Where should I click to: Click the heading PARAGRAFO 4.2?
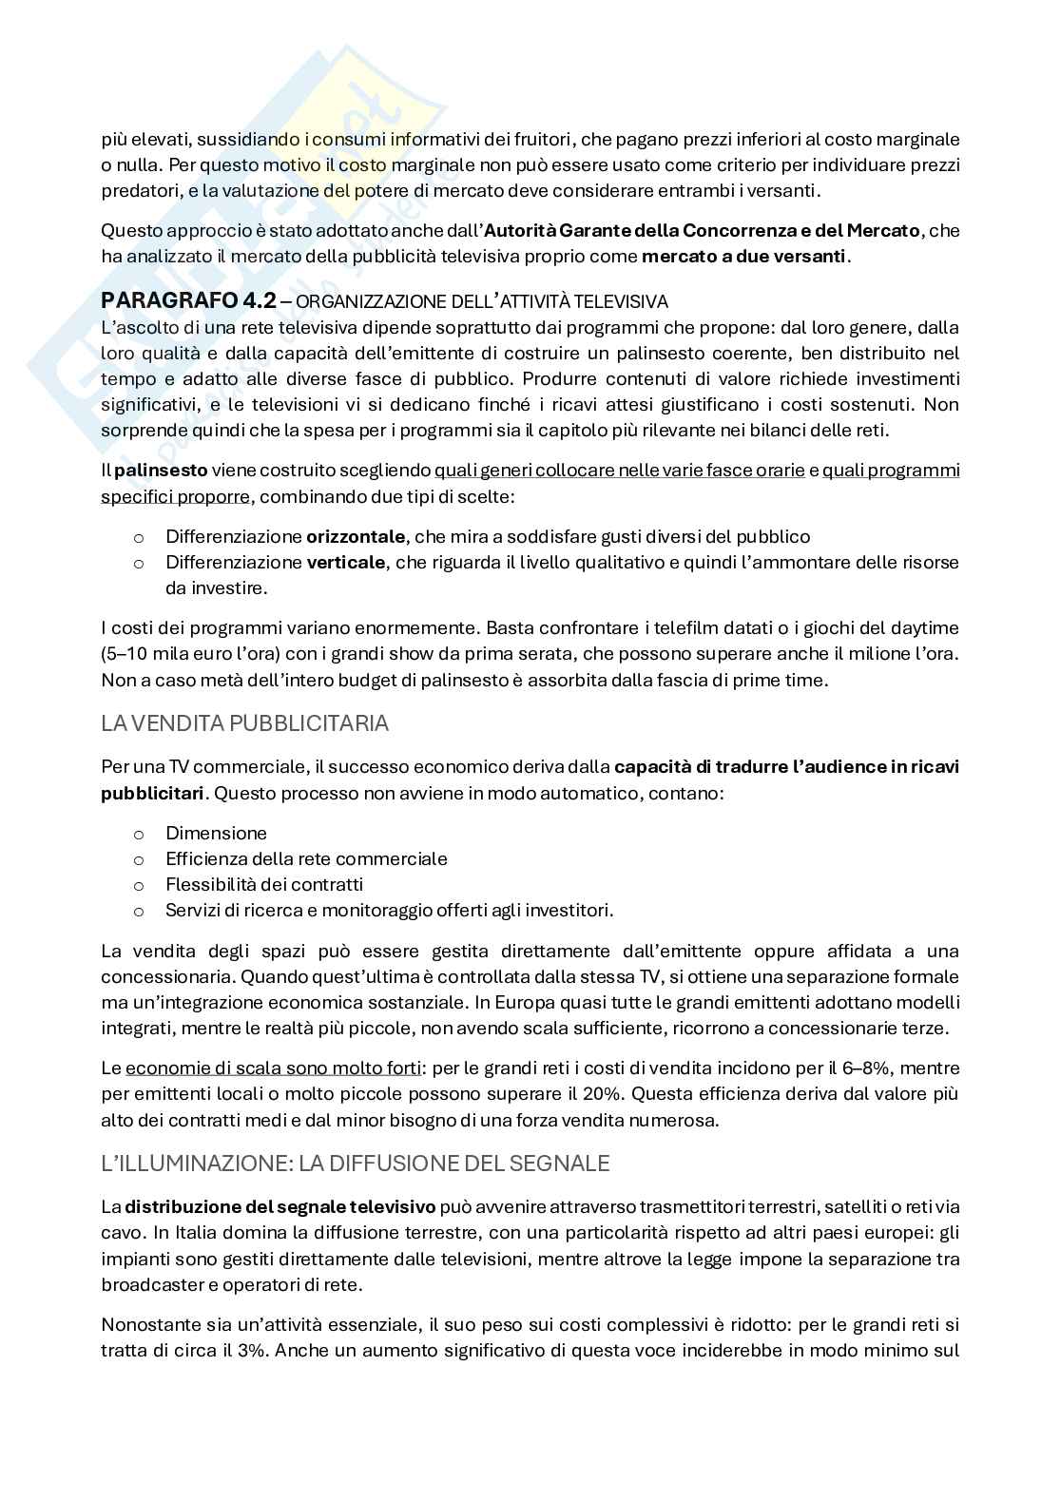[x=188, y=300]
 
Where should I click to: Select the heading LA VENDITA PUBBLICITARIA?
[x=244, y=723]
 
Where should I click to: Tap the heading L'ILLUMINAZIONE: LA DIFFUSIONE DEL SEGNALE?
[x=356, y=1163]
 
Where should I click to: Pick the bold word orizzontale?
[x=356, y=536]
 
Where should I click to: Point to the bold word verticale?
[x=346, y=562]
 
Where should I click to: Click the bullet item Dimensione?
[x=216, y=833]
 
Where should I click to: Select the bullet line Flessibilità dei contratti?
[x=263, y=884]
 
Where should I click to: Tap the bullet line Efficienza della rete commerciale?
[x=306, y=858]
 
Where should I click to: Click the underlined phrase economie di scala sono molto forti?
[x=273, y=1068]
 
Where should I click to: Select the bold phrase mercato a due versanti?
[x=743, y=256]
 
